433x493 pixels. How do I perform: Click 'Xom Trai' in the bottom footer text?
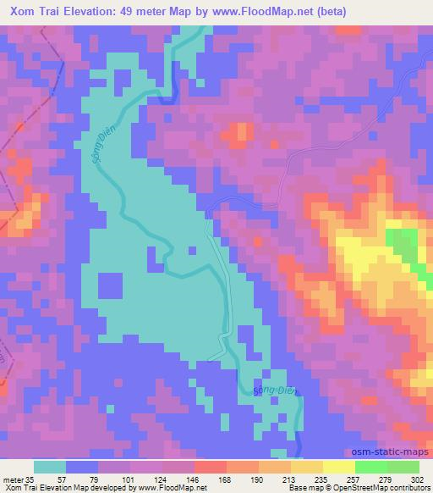(x=18, y=488)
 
